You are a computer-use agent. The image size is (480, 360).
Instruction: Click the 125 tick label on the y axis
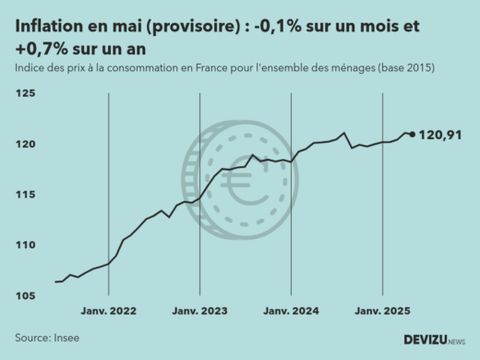pyautogui.click(x=25, y=94)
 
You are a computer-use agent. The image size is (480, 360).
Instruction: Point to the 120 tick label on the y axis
pyautogui.click(x=25, y=144)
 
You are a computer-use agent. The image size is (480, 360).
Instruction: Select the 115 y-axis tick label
pyautogui.click(x=25, y=195)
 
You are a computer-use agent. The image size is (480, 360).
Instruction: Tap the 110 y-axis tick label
pyautogui.click(x=25, y=245)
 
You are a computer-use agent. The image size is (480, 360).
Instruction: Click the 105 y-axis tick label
pyautogui.click(x=25, y=295)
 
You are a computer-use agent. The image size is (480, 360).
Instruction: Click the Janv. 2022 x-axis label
pyautogui.click(x=109, y=312)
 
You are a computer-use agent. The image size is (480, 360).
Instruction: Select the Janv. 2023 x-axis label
pyautogui.click(x=200, y=312)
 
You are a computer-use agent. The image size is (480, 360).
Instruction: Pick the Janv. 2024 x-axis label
pyautogui.click(x=292, y=312)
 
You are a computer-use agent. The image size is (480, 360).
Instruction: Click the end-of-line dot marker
pyautogui.click(x=412, y=135)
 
